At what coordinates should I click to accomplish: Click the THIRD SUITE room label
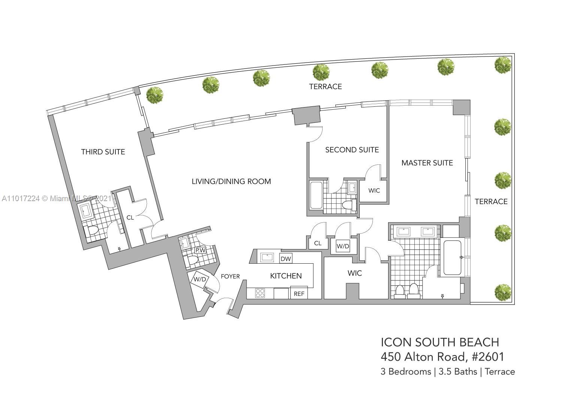click(103, 152)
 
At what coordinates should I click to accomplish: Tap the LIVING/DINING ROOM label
click(231, 181)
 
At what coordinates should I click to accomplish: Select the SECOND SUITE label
click(352, 150)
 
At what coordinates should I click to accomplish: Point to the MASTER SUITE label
click(427, 163)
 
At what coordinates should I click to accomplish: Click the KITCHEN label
click(286, 276)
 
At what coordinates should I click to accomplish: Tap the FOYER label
click(230, 276)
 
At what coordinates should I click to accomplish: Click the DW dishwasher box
click(286, 258)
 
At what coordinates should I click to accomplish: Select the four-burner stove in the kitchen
click(260, 293)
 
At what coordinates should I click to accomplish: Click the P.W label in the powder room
click(200, 250)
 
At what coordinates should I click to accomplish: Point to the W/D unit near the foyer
click(200, 279)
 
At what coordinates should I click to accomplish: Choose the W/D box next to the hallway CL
click(343, 246)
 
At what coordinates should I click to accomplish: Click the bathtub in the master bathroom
click(452, 258)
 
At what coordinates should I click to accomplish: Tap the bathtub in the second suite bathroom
click(316, 195)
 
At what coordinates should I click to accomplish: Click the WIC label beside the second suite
click(374, 191)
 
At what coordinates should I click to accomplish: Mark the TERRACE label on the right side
click(491, 201)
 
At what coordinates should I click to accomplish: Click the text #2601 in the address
click(488, 357)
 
